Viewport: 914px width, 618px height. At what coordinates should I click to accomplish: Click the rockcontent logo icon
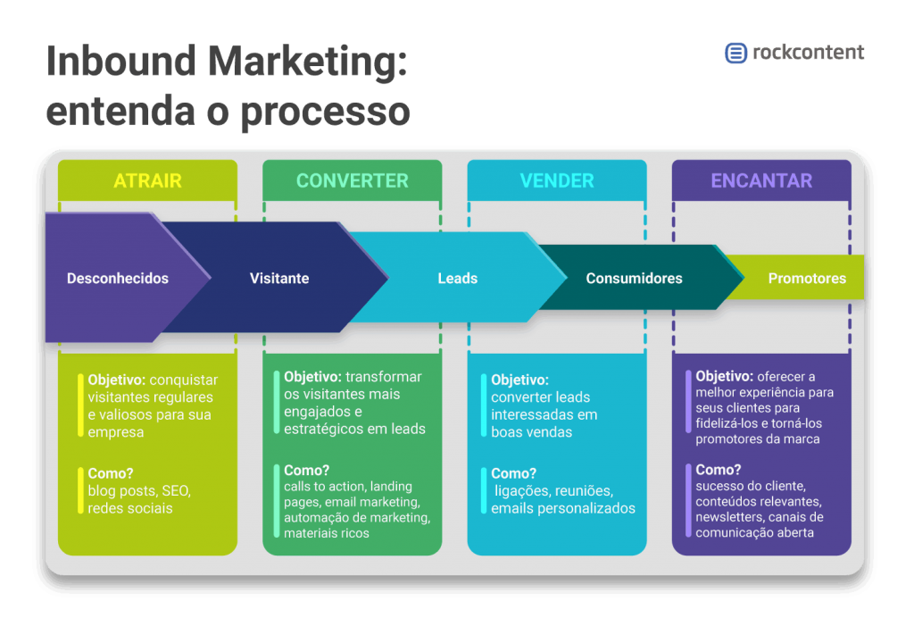pos(735,53)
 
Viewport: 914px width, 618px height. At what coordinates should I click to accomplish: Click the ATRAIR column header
pos(147,180)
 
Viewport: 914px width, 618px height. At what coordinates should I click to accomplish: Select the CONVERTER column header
pos(352,180)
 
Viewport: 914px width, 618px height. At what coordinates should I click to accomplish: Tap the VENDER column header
pos(557,180)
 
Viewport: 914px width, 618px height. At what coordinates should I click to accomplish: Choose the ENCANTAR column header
pos(761,180)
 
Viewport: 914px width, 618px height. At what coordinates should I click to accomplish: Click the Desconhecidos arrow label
pos(118,279)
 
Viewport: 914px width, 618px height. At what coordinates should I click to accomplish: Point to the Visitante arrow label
pos(279,279)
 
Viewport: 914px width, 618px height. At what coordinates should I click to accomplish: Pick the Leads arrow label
pos(457,279)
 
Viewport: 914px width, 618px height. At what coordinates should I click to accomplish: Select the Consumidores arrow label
pos(634,279)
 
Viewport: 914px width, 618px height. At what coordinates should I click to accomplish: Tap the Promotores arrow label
pos(807,279)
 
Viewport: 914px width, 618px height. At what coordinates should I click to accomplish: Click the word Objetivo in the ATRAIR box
pos(115,380)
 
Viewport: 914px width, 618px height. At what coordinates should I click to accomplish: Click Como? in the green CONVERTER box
pos(306,471)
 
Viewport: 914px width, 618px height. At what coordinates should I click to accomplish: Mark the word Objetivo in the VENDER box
pos(519,380)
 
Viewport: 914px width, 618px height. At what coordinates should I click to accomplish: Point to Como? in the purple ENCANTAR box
pos(719,470)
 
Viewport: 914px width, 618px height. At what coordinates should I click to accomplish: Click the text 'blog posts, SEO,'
pos(139,491)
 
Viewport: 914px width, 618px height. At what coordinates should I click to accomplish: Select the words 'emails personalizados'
pos(563,508)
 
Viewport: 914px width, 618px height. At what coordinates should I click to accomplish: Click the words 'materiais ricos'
pos(326,533)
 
